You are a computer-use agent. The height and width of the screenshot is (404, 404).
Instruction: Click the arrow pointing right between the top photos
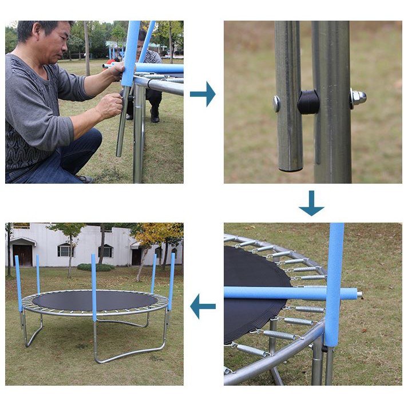[203, 94]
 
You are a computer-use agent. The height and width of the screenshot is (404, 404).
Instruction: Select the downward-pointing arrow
[311, 204]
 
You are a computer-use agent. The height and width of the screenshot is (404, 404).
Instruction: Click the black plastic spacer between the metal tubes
[308, 102]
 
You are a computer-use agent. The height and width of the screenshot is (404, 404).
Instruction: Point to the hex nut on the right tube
[359, 98]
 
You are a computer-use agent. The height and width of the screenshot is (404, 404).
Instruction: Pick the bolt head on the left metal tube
[277, 103]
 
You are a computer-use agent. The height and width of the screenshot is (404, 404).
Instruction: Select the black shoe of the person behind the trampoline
[155, 117]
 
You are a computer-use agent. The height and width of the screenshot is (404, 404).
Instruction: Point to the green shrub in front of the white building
[95, 267]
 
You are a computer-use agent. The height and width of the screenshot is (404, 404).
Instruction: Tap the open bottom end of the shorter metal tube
[290, 167]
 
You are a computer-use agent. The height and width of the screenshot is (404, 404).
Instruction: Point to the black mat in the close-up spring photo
[255, 292]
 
